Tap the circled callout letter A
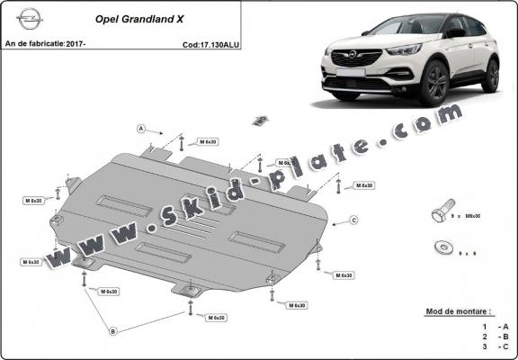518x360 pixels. [x=141, y=129]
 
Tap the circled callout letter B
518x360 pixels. [x=113, y=331]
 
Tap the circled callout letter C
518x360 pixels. [x=354, y=220]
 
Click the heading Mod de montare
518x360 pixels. [x=457, y=310]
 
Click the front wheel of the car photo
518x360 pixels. [x=436, y=84]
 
